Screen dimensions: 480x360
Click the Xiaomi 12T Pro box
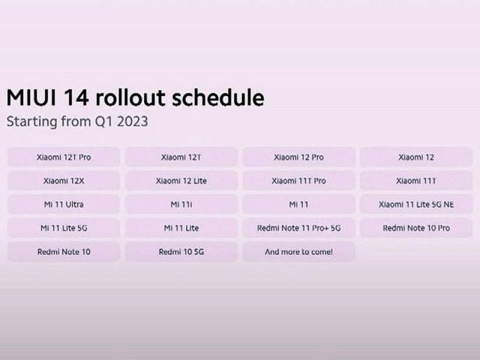pos(64,157)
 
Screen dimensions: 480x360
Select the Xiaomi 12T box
pos(181,157)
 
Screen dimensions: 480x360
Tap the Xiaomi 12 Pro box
pos(298,157)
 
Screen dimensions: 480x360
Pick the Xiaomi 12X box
pos(64,181)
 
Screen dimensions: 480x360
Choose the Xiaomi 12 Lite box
pos(181,181)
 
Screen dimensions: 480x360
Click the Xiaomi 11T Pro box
pos(298,181)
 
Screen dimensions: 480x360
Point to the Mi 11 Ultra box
pos(64,204)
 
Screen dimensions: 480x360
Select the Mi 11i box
pos(181,204)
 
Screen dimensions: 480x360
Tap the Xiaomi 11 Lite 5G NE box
pos(416,204)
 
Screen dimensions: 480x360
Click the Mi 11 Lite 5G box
pos(64,228)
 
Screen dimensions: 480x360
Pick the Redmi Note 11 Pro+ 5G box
pos(298,228)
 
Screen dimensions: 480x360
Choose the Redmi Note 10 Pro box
pos(416,228)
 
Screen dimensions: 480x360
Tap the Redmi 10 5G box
pos(181,252)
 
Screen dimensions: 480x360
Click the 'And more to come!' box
pos(298,252)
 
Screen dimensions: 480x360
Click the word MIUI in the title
pos(31,98)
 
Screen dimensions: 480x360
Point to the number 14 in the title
pos(76,98)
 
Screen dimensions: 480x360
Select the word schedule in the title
pos(218,97)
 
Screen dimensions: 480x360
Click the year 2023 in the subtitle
pos(132,121)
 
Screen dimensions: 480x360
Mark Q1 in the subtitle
pos(103,121)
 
